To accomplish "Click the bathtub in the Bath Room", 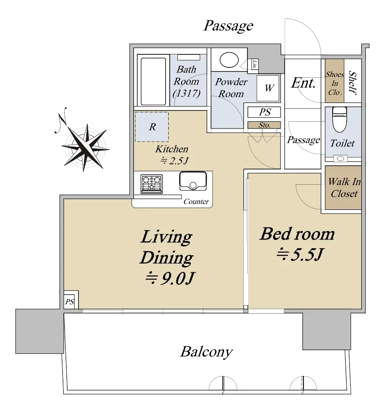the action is [x=154, y=80].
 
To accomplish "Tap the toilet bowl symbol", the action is [x=339, y=119].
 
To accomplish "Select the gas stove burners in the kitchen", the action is [x=152, y=184].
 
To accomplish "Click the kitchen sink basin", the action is [x=193, y=181].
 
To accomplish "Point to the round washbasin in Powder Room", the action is [x=229, y=60].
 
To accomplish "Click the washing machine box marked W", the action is [x=268, y=88].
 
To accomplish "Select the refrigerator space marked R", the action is [x=152, y=127].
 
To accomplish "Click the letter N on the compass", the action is [x=62, y=120].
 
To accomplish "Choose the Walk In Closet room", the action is [x=343, y=187].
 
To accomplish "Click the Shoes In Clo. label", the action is [x=334, y=83].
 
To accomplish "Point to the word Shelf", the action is [x=352, y=82].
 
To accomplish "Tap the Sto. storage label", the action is [x=264, y=125].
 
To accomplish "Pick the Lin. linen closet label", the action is [x=255, y=64].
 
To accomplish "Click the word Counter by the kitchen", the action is [x=196, y=201].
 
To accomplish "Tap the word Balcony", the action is [x=207, y=352].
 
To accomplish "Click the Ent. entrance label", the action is [x=303, y=83].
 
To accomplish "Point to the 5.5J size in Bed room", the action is [x=300, y=254].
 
